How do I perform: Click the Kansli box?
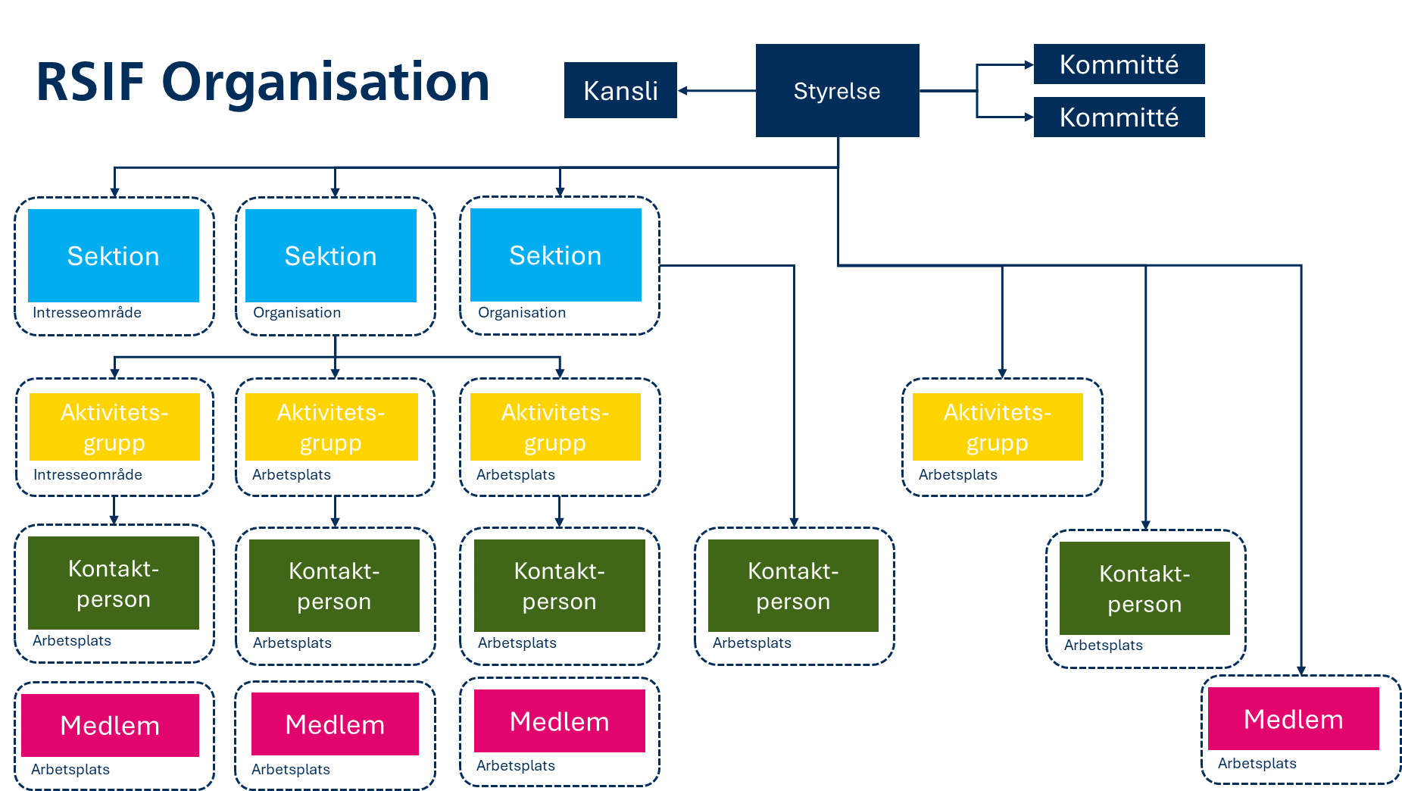click(620, 90)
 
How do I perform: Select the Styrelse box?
click(837, 90)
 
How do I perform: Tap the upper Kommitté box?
click(1119, 64)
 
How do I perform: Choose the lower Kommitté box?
click(1119, 117)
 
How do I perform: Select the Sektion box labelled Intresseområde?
click(114, 255)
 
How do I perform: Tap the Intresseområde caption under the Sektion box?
click(86, 312)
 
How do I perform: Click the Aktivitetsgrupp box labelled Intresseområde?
click(114, 427)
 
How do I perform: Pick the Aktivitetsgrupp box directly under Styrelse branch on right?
click(998, 427)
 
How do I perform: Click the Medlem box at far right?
click(1293, 718)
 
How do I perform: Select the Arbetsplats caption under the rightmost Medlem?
click(1257, 763)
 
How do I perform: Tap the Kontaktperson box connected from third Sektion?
click(793, 585)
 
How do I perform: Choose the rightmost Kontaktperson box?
click(1144, 588)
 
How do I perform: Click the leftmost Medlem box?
click(110, 725)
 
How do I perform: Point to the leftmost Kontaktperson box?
click(114, 583)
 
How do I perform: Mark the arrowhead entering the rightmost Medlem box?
click(1301, 671)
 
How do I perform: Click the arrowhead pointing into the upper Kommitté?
click(1029, 65)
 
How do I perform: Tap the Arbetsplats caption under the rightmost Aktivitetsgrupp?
click(957, 474)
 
